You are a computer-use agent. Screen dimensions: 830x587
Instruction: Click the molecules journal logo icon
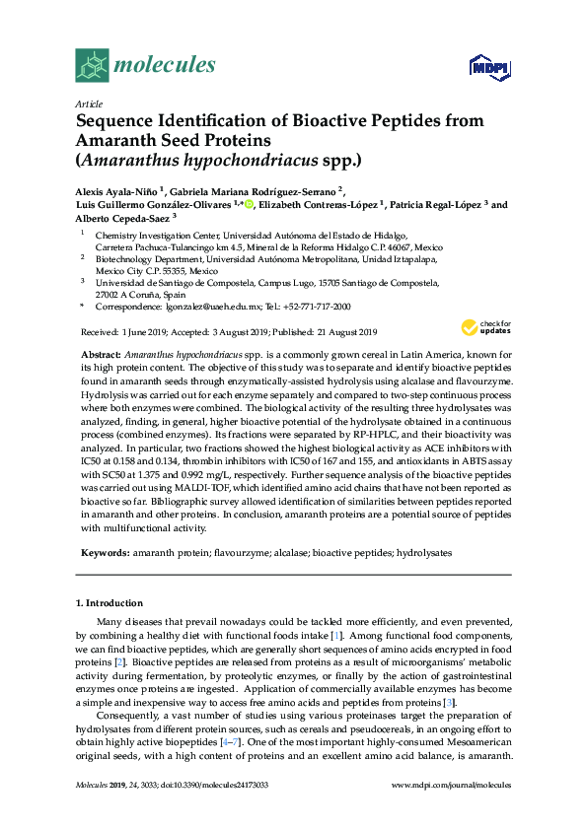tap(92, 65)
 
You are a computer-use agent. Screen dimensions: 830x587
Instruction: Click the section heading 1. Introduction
tap(109, 602)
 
